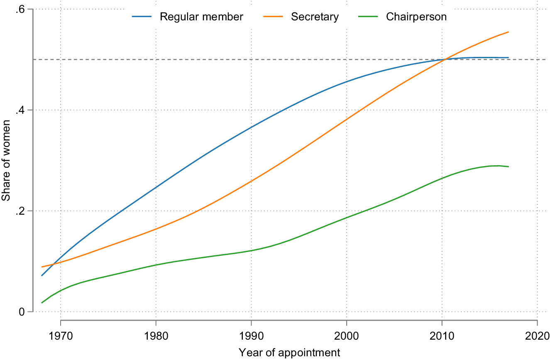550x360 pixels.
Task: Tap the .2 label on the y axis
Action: [21, 211]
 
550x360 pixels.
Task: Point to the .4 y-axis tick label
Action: [21, 110]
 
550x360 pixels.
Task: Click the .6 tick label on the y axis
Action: [21, 9]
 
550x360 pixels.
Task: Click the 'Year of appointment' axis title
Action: [289, 353]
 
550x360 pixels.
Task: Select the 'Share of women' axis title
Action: [6, 160]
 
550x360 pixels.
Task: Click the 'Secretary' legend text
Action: [315, 17]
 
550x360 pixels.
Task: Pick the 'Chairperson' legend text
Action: [416, 17]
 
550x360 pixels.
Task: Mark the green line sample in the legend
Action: [369, 17]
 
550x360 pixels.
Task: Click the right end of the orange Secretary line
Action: [508, 32]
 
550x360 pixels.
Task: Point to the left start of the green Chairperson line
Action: [42, 303]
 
